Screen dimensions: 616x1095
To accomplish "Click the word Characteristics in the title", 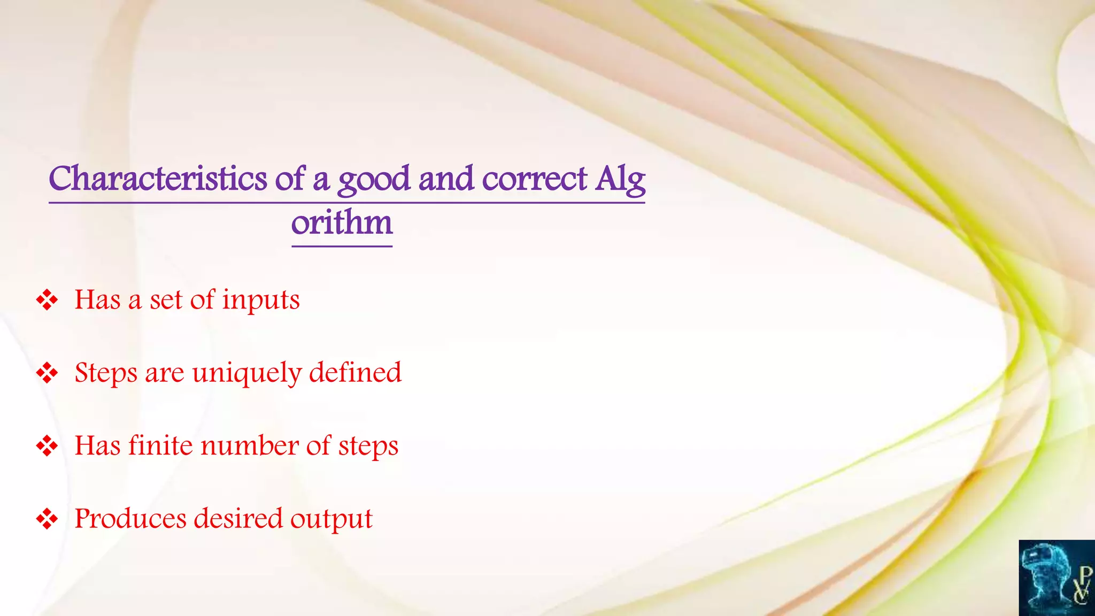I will click(158, 179).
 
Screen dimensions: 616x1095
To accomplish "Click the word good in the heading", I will click(374, 180).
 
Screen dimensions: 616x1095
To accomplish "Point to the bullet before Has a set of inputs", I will click(47, 300).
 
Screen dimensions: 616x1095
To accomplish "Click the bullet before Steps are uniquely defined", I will click(47, 373).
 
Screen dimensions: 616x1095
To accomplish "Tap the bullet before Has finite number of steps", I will click(47, 446).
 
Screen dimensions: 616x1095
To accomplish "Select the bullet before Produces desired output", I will click(47, 519).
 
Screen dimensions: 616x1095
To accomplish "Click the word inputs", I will click(261, 301).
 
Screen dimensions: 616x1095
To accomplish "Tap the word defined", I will click(355, 372).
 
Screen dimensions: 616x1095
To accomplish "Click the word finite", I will click(160, 445).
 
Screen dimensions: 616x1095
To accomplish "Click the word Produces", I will click(130, 519).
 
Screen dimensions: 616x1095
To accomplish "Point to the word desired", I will click(238, 519).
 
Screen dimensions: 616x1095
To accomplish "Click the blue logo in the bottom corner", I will click(1057, 578).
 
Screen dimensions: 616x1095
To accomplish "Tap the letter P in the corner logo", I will click(1085, 575).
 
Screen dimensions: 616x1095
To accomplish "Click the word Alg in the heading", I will click(620, 180).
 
